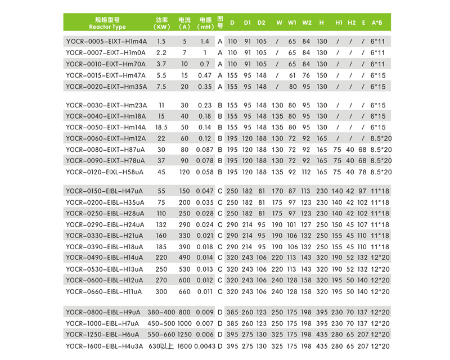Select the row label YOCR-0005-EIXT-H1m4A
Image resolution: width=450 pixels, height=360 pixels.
tap(106, 42)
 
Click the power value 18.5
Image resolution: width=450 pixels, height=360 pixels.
tap(161, 127)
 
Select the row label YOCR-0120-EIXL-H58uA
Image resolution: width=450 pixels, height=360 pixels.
tap(105, 172)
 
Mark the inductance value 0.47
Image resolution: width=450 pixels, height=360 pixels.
tap(205, 75)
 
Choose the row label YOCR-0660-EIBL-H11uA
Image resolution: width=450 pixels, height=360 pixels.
tap(103, 291)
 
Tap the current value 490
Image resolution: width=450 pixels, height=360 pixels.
tap(184, 258)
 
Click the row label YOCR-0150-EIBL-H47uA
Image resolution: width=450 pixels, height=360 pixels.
tap(105, 191)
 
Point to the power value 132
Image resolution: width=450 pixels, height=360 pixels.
tap(161, 224)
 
